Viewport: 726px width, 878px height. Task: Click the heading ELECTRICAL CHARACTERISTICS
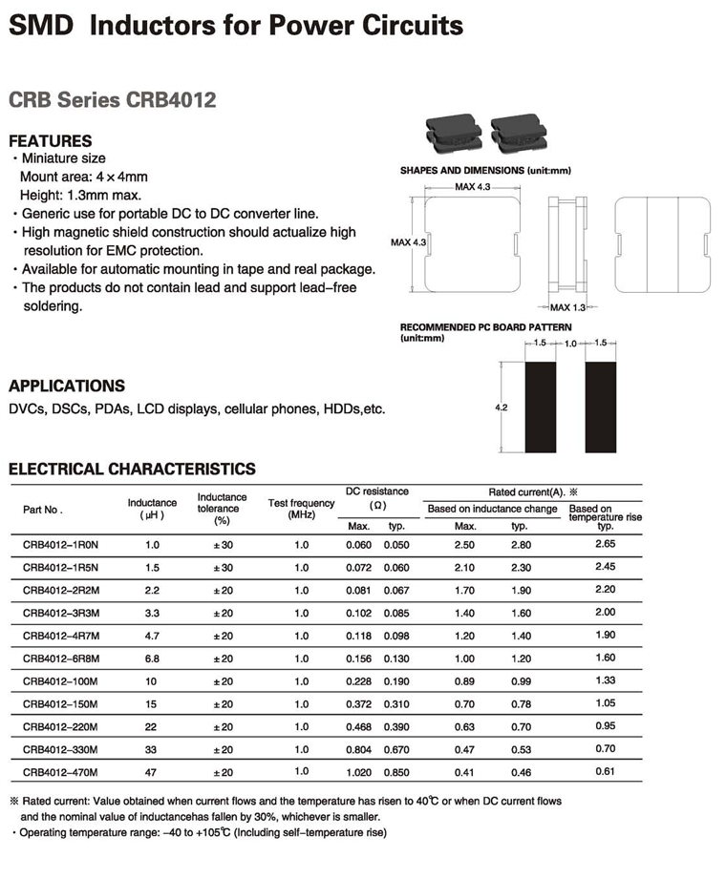(132, 469)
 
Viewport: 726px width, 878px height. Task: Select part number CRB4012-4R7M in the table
(60, 635)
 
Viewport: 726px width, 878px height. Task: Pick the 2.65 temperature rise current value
(605, 543)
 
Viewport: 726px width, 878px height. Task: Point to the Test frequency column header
(301, 509)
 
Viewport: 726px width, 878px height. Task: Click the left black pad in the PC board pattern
(541, 408)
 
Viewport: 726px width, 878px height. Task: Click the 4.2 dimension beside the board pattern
(501, 408)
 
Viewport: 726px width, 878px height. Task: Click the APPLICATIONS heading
(67, 386)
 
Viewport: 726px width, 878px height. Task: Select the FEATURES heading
(51, 140)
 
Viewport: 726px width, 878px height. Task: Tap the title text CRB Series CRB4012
(112, 99)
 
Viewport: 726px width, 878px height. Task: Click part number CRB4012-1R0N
(60, 544)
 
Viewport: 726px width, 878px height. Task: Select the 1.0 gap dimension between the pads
(570, 344)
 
